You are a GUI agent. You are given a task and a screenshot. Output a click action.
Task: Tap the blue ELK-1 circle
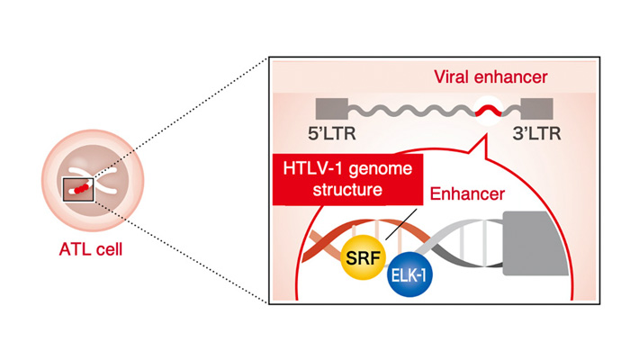click(x=409, y=279)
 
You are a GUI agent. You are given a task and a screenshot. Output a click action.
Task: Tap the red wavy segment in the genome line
click(x=490, y=111)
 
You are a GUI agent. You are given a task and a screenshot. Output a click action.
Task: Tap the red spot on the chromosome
click(x=82, y=187)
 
